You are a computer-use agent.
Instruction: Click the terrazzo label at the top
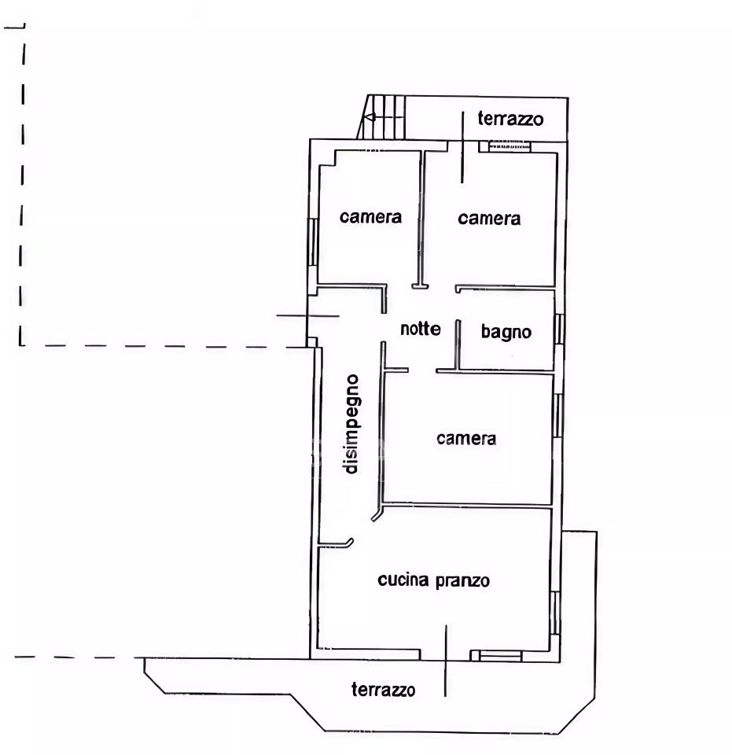click(x=510, y=119)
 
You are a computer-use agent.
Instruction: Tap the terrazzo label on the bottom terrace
click(x=383, y=690)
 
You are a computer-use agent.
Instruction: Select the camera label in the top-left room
click(x=370, y=217)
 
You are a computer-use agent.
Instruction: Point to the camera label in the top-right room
click(x=489, y=219)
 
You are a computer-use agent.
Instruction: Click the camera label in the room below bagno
click(x=466, y=438)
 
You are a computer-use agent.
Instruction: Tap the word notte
click(x=421, y=329)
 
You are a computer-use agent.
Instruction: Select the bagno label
click(x=506, y=332)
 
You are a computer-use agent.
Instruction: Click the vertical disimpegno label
click(x=351, y=424)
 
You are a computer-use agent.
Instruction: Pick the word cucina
click(x=403, y=580)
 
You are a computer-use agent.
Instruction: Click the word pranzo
click(x=462, y=581)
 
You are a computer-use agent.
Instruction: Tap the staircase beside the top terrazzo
click(x=381, y=117)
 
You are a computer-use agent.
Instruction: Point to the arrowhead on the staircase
click(x=370, y=116)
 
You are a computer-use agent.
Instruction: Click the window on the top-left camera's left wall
click(x=313, y=241)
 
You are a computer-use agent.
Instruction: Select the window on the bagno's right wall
click(x=559, y=329)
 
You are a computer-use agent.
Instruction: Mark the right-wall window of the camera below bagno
click(x=557, y=415)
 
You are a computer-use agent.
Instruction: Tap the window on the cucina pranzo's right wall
click(x=555, y=613)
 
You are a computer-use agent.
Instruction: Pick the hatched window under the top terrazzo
click(x=509, y=146)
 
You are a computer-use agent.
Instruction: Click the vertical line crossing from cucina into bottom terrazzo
click(x=446, y=661)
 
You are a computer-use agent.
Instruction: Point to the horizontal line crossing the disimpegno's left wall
click(x=308, y=316)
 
